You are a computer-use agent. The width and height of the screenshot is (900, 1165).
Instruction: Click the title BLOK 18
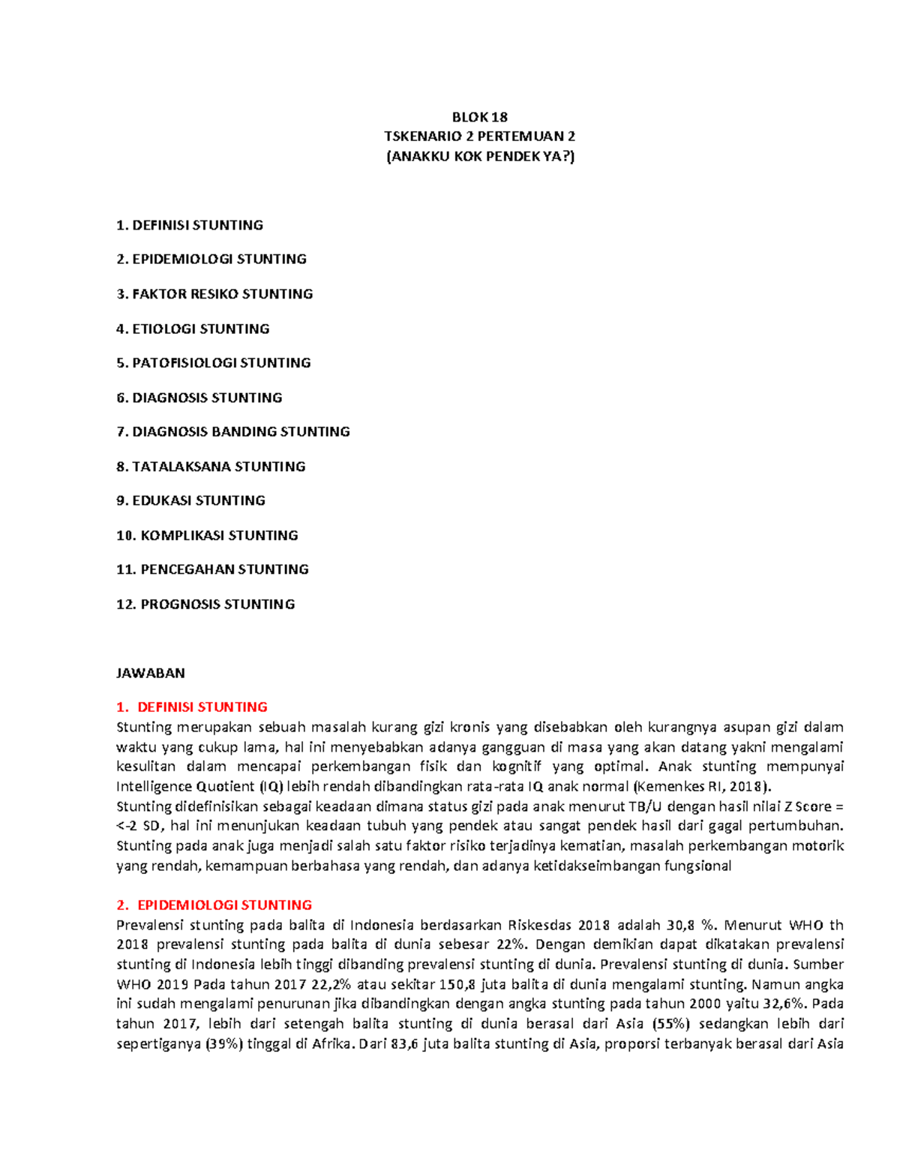pyautogui.click(x=479, y=117)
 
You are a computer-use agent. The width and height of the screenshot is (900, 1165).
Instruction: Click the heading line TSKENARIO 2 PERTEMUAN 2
pyautogui.click(x=479, y=137)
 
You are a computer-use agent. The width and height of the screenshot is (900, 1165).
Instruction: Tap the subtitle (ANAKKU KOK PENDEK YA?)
pyautogui.click(x=479, y=157)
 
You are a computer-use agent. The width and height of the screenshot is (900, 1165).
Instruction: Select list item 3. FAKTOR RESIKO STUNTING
pyautogui.click(x=214, y=294)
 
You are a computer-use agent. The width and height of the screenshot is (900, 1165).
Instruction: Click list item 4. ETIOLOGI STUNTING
pyautogui.click(x=193, y=329)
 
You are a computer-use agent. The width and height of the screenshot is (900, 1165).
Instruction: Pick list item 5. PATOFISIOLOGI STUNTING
pyautogui.click(x=214, y=363)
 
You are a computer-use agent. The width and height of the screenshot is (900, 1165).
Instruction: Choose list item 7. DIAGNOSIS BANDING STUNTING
pyautogui.click(x=233, y=431)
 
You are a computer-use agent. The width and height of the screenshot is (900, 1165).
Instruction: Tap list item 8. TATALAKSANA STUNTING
pyautogui.click(x=211, y=467)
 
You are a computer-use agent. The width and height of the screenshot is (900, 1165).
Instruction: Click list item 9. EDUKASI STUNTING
pyautogui.click(x=190, y=500)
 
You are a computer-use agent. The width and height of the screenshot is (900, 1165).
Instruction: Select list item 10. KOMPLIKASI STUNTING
pyautogui.click(x=207, y=536)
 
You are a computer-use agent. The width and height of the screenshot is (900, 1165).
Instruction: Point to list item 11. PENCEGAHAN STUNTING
pyautogui.click(x=212, y=569)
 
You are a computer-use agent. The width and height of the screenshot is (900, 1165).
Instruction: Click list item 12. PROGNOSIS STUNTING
pyautogui.click(x=205, y=605)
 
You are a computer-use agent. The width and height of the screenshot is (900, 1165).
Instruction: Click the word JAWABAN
pyautogui.click(x=151, y=673)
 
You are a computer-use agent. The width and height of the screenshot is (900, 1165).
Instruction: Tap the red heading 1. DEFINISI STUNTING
pyautogui.click(x=192, y=707)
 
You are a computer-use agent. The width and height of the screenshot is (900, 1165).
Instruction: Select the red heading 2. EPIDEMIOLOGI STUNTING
pyautogui.click(x=214, y=905)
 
